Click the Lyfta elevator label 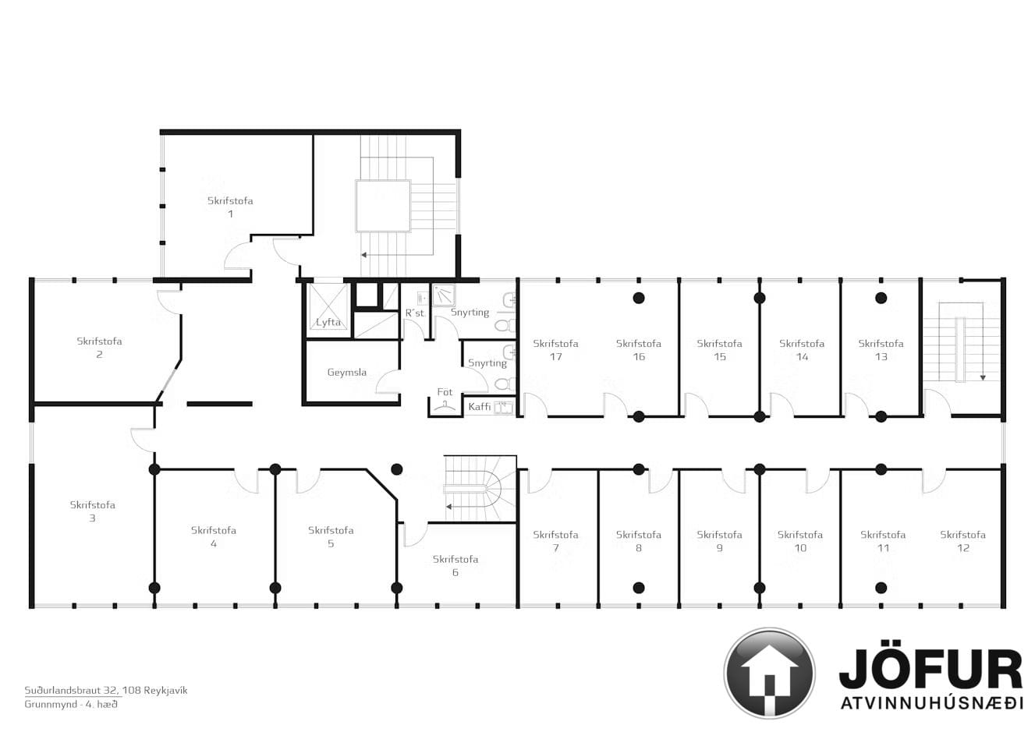(328, 322)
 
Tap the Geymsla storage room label (346, 372)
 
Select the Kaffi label (479, 406)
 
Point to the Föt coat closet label (445, 391)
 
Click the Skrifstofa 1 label (230, 207)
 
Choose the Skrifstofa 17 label (555, 349)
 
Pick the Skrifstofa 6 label (455, 566)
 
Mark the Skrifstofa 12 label (963, 541)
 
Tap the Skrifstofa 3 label (92, 511)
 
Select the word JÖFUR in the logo (930, 669)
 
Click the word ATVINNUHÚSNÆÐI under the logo (931, 703)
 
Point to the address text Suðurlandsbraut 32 (72, 691)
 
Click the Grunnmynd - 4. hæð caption (71, 704)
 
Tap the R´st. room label (414, 313)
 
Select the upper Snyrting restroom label (470, 312)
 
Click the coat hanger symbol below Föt (445, 406)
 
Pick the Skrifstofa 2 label (99, 348)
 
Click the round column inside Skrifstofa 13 (881, 298)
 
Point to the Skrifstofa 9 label (719, 541)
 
